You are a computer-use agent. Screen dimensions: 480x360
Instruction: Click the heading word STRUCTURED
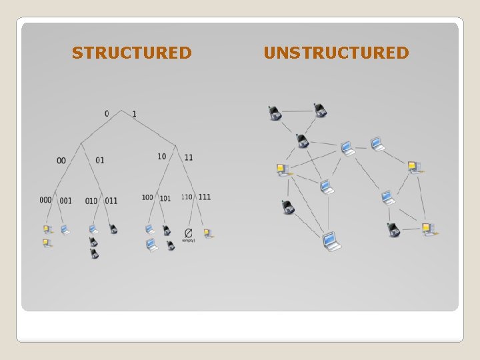click(x=132, y=53)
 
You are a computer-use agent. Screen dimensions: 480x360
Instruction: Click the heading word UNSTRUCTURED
click(x=336, y=53)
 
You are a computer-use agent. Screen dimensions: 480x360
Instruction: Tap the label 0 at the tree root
click(x=107, y=113)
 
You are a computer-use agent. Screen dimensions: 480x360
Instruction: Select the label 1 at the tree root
click(x=134, y=114)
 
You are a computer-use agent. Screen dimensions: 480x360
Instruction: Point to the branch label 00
click(x=61, y=161)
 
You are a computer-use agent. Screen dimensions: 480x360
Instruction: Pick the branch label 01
click(x=100, y=160)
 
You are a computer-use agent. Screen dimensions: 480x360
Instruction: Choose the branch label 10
click(x=162, y=157)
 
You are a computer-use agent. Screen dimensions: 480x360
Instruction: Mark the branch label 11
click(x=189, y=157)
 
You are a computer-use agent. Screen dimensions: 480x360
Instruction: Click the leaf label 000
click(x=45, y=200)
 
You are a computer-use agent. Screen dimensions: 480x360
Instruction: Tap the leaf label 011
click(x=111, y=201)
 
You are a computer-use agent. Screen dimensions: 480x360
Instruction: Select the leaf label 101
click(x=165, y=198)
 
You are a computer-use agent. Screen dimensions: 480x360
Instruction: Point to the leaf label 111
click(x=204, y=197)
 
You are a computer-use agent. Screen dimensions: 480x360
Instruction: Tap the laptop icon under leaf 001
click(x=65, y=230)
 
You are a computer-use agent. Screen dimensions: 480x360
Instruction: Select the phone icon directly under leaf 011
click(x=113, y=229)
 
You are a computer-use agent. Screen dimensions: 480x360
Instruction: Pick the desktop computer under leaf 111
click(x=208, y=233)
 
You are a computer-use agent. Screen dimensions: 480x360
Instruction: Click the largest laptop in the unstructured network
click(x=331, y=241)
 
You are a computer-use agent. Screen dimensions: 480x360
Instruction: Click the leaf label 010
click(x=91, y=201)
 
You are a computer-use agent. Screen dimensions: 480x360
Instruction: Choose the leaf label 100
click(x=147, y=197)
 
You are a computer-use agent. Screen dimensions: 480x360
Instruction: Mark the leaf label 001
click(x=65, y=201)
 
